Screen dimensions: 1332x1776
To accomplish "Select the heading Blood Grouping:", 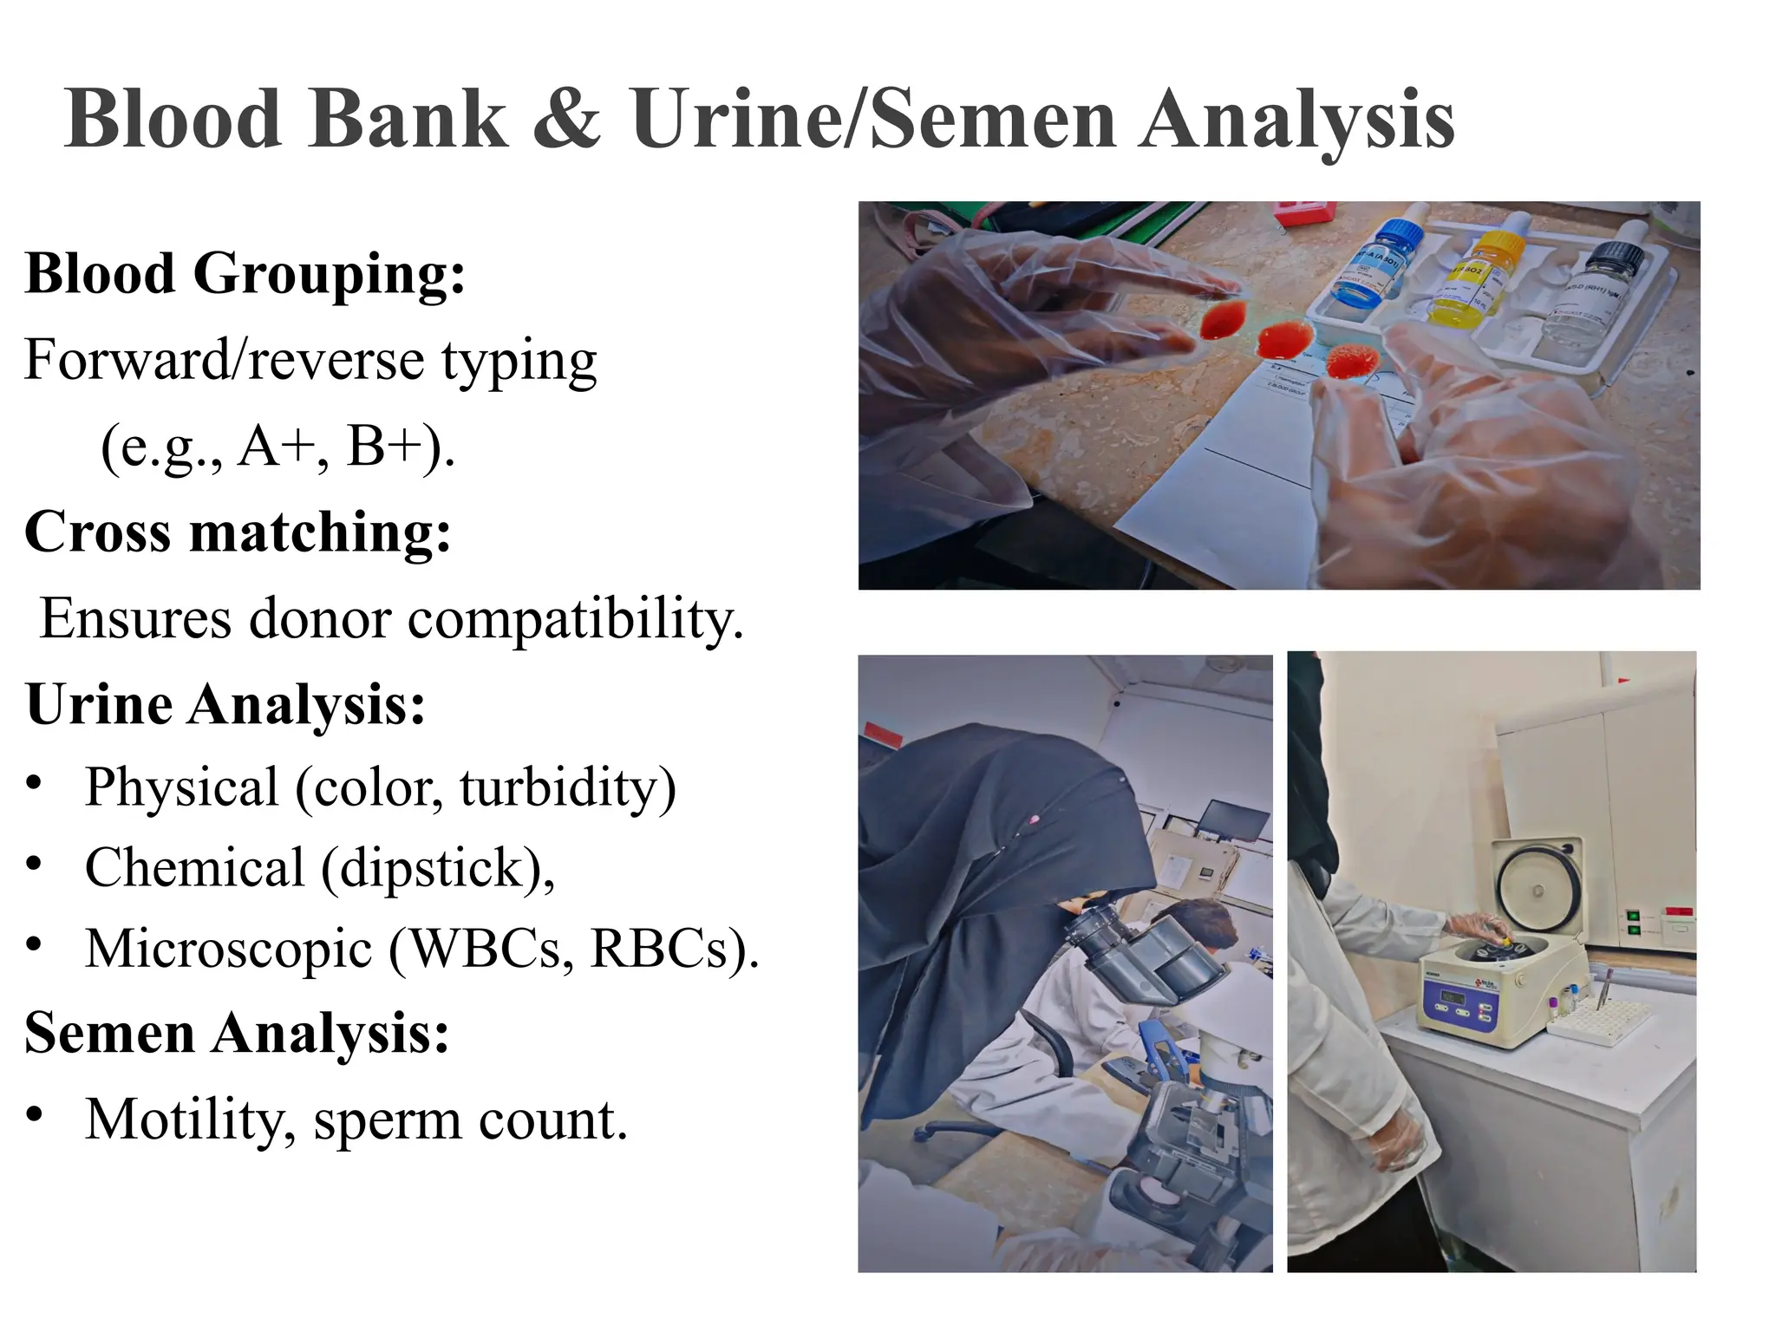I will [x=245, y=275].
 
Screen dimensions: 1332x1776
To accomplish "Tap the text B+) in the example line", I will [x=399, y=447].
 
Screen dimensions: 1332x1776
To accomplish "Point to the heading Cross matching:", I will [x=238, y=532].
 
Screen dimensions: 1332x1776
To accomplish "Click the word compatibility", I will [x=576, y=619].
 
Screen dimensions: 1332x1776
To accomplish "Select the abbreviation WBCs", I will [x=486, y=949].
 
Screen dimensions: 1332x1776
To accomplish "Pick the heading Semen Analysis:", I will [x=237, y=1034].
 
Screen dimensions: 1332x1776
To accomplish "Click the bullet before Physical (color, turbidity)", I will [x=34, y=785].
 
